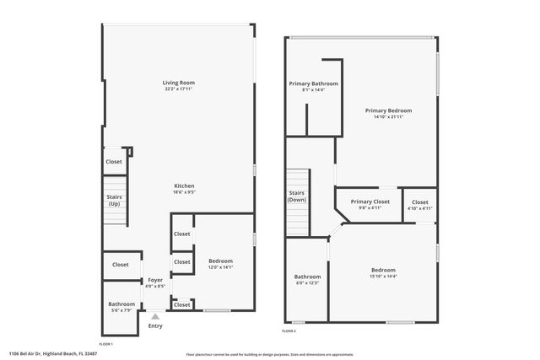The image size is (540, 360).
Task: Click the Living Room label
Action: click(x=179, y=83)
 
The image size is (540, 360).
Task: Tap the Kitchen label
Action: click(x=184, y=185)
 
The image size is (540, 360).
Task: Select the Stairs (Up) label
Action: click(x=114, y=201)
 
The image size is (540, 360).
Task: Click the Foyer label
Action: click(x=155, y=280)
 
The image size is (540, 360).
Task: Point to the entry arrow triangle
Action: click(x=154, y=316)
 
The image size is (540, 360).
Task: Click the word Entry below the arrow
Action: click(x=155, y=325)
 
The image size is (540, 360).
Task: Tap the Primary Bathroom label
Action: click(x=313, y=83)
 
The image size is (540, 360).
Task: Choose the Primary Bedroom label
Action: click(x=389, y=110)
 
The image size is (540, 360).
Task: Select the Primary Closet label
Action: click(x=370, y=201)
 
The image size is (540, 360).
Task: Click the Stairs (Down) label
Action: click(x=296, y=196)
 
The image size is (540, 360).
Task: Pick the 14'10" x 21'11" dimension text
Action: click(x=389, y=116)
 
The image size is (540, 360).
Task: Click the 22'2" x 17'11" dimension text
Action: click(x=179, y=89)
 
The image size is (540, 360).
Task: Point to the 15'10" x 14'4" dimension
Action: click(x=383, y=276)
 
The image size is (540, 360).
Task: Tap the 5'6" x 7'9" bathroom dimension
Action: click(x=121, y=309)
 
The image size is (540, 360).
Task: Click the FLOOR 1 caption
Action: click(x=105, y=344)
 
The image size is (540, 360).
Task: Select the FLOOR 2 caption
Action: click(x=289, y=331)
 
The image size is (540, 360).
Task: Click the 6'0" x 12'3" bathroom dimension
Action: click(x=307, y=282)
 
